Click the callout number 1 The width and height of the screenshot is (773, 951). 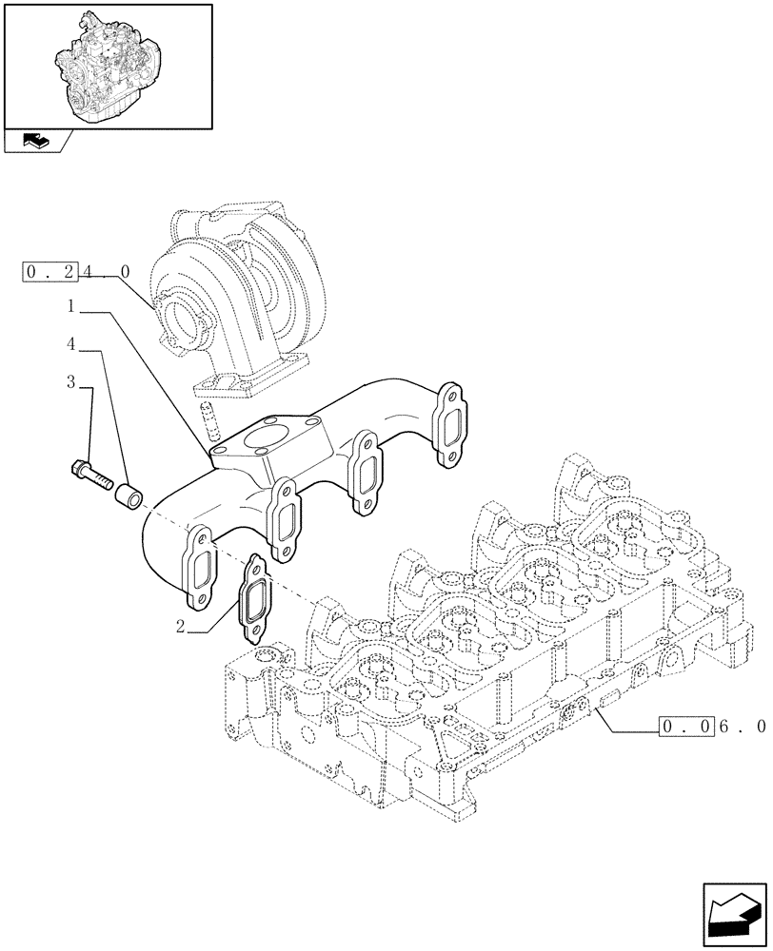coord(72,307)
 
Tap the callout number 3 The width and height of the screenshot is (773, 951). coord(71,382)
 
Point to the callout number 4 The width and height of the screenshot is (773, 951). coord(71,344)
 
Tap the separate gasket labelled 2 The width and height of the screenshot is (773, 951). coord(254,601)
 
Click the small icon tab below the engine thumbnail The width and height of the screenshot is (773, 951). coord(35,142)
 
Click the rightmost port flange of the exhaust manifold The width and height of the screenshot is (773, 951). coord(449,424)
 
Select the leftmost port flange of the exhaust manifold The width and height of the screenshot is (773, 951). coord(203,569)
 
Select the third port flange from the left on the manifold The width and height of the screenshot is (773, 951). coord(365,473)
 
